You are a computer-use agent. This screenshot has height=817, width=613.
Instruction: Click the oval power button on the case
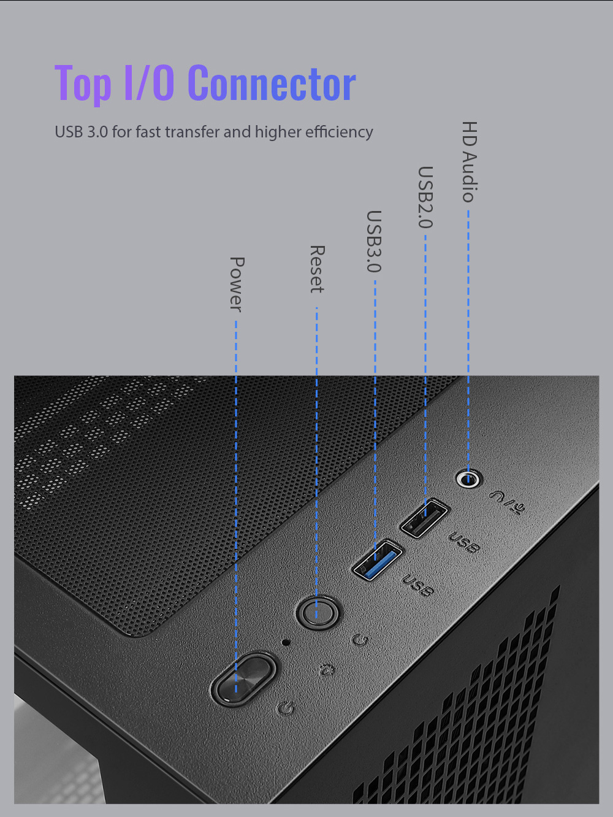pos(243,680)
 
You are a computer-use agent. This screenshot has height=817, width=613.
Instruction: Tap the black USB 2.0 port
pos(424,518)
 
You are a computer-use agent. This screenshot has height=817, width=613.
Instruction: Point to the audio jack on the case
pos(468,478)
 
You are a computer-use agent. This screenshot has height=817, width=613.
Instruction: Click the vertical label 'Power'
pos(237,285)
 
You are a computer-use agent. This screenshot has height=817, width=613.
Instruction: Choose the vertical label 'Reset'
pos(317,269)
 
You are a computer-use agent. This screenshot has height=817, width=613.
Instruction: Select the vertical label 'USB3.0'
pos(374,242)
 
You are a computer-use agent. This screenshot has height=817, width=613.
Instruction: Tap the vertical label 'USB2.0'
pos(425,198)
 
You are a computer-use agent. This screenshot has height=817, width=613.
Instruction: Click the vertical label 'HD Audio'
pos(470,161)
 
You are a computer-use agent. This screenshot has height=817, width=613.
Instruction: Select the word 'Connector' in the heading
pos(272,83)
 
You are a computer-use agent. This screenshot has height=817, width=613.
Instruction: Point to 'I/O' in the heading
pos(150,82)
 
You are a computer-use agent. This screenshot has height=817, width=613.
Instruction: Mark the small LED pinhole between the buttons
pos(286,642)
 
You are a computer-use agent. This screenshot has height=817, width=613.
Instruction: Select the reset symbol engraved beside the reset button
pos(360,640)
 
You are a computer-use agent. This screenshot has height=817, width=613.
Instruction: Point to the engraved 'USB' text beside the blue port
pos(417,585)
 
